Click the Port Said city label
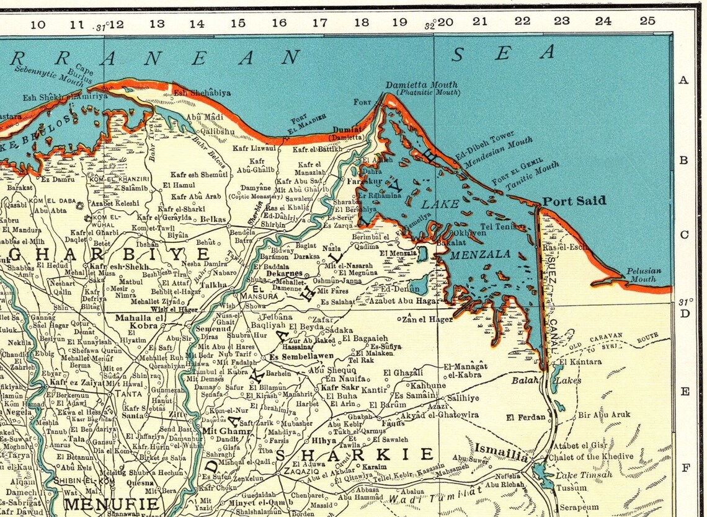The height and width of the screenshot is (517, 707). [x=574, y=201]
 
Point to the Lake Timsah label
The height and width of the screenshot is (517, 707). [x=583, y=475]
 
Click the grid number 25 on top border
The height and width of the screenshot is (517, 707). [x=647, y=21]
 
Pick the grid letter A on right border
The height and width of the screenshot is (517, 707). [x=683, y=80]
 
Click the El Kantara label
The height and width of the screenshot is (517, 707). [x=580, y=361]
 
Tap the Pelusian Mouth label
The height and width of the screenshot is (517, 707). [x=643, y=275]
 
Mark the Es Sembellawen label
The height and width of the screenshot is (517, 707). [x=301, y=356]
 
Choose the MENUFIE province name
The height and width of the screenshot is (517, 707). [x=112, y=503]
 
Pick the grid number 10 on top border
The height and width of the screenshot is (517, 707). [x=37, y=25]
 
